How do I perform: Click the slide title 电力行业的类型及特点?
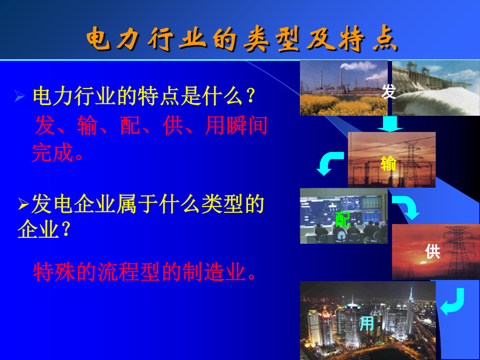(x=242, y=39)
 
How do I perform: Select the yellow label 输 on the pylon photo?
(x=388, y=163)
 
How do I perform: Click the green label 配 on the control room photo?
(x=343, y=220)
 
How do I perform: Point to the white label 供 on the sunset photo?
(x=433, y=252)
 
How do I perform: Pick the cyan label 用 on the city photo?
(x=367, y=323)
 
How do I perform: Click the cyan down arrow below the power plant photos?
(x=390, y=124)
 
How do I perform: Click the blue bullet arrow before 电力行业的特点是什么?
(x=20, y=96)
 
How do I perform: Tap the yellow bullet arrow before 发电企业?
(x=23, y=204)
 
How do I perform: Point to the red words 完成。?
(x=57, y=152)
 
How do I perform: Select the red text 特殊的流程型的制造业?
(x=144, y=271)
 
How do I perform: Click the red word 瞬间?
(x=247, y=125)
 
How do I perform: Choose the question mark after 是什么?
(x=251, y=96)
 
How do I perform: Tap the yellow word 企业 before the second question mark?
(x=38, y=229)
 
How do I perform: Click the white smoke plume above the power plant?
(x=358, y=66)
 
